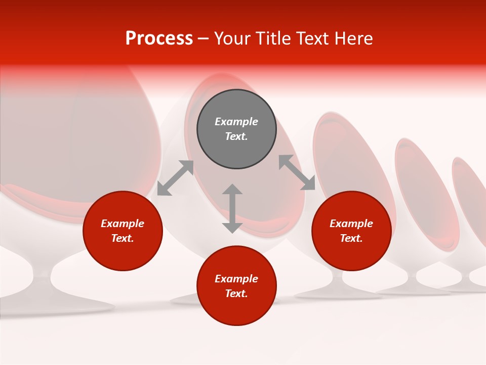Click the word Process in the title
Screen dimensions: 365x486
pos(159,39)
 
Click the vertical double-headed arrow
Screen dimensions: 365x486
pos(232,208)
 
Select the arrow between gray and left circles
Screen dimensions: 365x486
pos(175,178)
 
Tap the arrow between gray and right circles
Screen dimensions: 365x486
pos(297,172)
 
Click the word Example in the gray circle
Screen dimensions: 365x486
pos(236,122)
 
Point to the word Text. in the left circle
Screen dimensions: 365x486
pos(123,238)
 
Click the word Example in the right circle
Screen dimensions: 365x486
pos(351,224)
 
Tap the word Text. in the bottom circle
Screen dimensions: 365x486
pos(236,294)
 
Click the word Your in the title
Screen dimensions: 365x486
pos(232,39)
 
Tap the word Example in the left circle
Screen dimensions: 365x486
pos(123,224)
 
